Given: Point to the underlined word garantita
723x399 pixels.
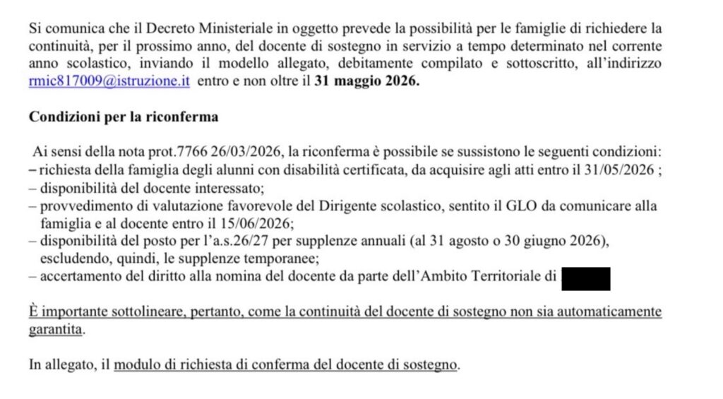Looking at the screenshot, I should pos(56,329).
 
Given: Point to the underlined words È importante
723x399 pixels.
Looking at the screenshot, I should pos(66,312).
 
